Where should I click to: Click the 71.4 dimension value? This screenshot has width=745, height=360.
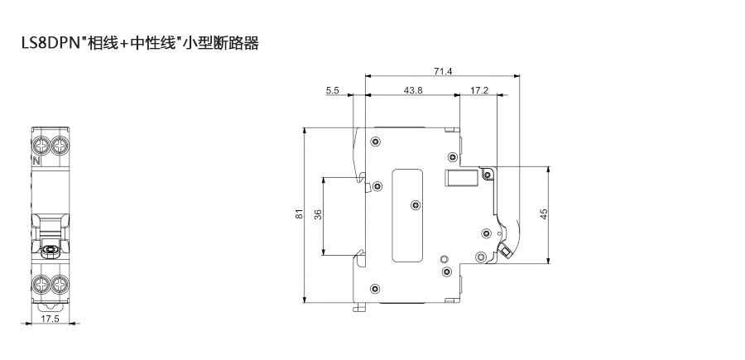point(443,71)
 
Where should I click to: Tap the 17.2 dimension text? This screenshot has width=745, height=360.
point(479,90)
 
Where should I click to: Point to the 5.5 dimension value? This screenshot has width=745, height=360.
point(333,90)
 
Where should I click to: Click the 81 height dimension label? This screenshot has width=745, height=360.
point(299,214)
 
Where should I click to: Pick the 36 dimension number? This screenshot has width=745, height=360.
point(318,214)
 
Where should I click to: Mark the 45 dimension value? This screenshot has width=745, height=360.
point(544,214)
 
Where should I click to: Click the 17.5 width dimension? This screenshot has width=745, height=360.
point(50,319)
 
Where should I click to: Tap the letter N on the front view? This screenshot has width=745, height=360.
point(36,161)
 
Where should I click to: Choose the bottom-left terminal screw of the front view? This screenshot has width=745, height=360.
point(41,286)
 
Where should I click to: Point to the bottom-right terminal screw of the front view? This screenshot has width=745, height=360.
point(60,286)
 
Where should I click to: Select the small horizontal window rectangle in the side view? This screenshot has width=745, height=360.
point(462,178)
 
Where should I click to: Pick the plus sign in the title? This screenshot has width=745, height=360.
point(125,43)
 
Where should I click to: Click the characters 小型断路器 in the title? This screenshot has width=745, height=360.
point(223,43)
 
